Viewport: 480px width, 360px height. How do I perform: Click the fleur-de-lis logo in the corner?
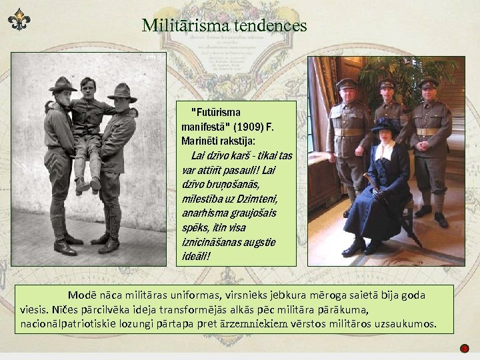(19, 19)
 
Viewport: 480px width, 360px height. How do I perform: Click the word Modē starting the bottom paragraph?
(81, 295)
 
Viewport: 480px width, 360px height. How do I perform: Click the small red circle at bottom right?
(465, 348)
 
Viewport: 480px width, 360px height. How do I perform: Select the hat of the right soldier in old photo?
(122, 91)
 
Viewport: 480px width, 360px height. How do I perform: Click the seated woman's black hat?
(386, 125)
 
